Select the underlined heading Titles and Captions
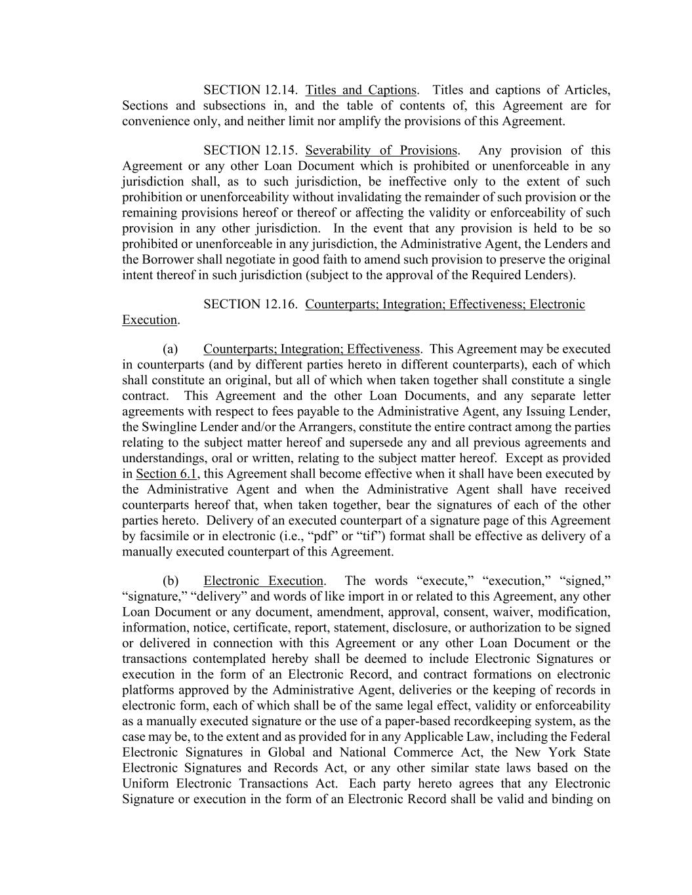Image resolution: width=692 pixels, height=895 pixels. [361, 90]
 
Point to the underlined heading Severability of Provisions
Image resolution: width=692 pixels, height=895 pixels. [381, 150]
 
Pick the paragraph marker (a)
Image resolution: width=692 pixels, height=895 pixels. [171, 349]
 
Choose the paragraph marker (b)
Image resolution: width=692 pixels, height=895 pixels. [171, 581]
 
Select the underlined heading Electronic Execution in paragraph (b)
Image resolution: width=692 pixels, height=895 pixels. [263, 581]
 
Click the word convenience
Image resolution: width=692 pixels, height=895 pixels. [153, 121]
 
